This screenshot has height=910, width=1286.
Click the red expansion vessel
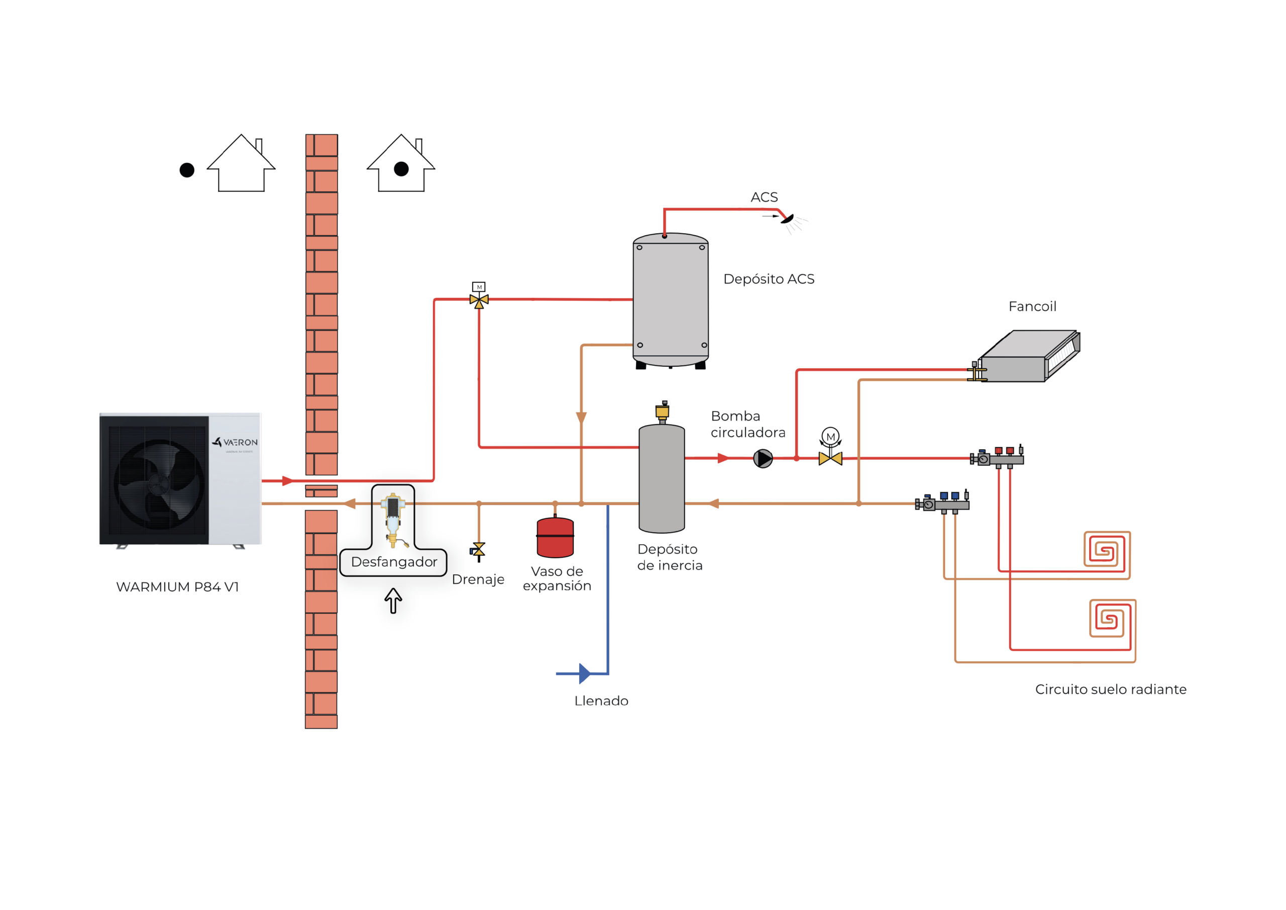click(555, 537)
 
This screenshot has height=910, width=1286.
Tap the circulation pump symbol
click(763, 458)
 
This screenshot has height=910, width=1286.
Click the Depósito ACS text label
click(769, 279)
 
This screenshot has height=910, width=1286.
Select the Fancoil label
click(1032, 307)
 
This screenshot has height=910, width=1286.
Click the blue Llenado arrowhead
click(584, 673)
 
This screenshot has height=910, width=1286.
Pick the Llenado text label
click(601, 701)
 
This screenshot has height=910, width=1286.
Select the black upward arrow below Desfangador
click(393, 600)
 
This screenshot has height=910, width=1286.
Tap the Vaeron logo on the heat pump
click(235, 442)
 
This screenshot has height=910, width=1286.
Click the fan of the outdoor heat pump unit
click(159, 483)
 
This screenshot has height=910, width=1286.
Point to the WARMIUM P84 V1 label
click(177, 587)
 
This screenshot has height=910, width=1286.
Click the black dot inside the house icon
click(401, 169)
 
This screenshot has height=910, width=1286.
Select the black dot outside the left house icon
click(186, 170)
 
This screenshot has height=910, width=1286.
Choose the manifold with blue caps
click(942, 502)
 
